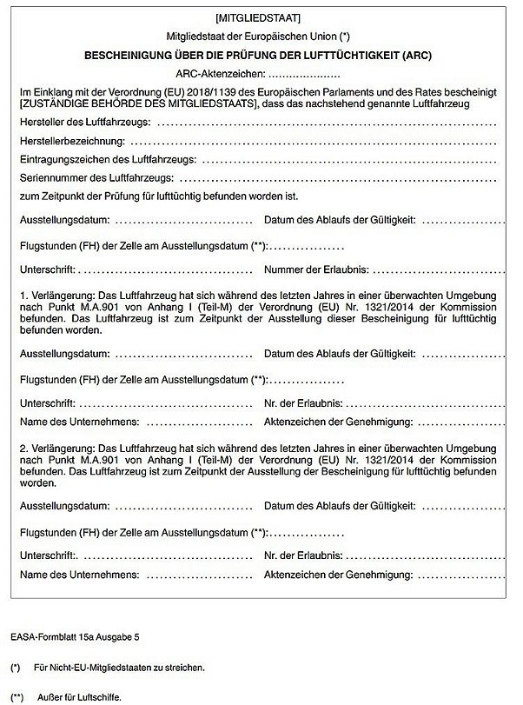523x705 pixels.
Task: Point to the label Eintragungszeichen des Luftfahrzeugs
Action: tap(107, 160)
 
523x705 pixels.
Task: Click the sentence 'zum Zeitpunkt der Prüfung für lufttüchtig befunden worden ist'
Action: tap(165, 196)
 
